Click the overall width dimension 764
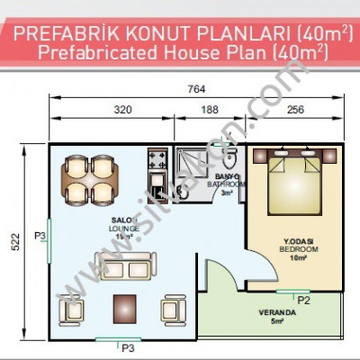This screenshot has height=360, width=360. tap(196, 89)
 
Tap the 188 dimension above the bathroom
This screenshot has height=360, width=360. tap(209, 111)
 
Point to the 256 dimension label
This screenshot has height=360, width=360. tap(295, 111)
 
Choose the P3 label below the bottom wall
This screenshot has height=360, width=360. tap(128, 346)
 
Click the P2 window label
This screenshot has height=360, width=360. tap(304, 299)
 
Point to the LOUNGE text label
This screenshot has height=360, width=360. tap(124, 229)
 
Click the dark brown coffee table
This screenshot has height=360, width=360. tap(124, 308)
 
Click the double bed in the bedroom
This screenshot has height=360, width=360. tap(295, 183)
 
